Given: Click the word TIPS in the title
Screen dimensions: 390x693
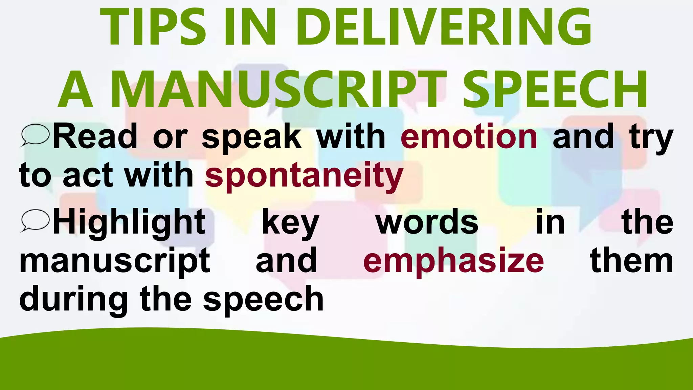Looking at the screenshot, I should coord(153,27).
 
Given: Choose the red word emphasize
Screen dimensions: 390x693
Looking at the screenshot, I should coord(453,261).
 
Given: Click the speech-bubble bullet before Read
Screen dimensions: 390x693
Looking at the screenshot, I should coord(35,135).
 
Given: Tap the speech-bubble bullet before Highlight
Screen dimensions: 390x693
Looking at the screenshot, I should coord(35,221).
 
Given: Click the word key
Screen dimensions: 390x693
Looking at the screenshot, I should coord(290,223).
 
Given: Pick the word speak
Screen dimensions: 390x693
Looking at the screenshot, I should coord(251,137).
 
